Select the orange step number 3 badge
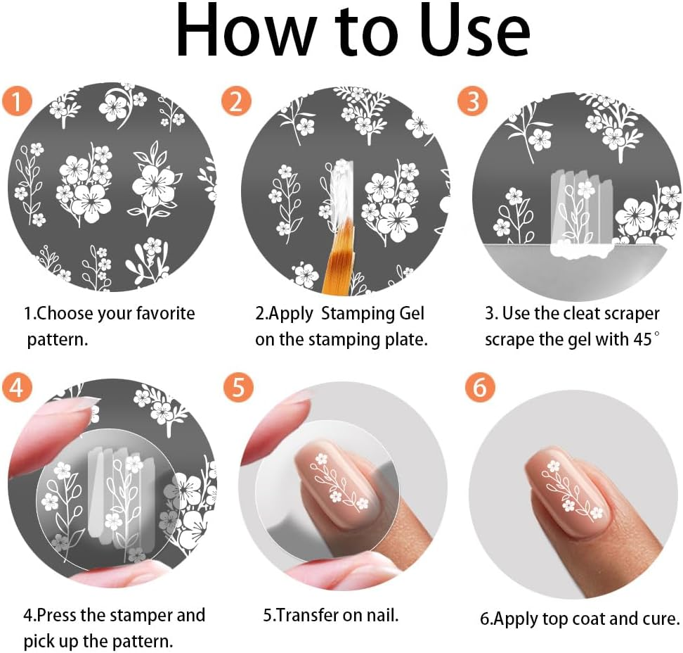[472, 102]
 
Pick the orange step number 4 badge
[16, 388]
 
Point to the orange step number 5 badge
[238, 388]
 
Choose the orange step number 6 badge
[480, 388]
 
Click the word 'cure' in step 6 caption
[662, 619]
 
